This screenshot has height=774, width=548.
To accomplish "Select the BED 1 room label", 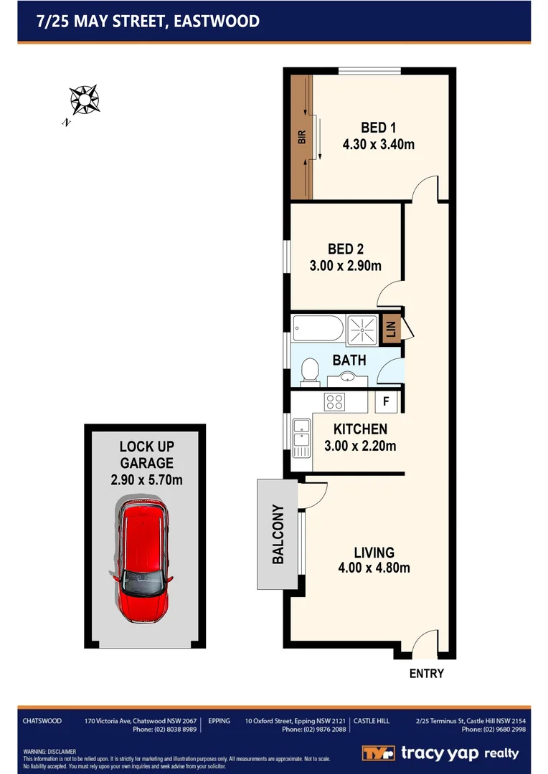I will coord(378,128).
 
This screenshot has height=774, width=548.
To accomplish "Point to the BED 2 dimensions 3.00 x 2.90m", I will coord(345,266).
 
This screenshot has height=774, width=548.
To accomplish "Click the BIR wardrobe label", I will coord(302,137).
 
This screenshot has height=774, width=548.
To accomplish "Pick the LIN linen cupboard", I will coord(391,328).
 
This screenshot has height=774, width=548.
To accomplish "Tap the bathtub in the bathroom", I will coord(317,330).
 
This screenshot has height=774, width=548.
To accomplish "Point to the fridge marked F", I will coord(386,402).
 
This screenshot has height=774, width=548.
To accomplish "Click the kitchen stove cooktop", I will coord(335,401).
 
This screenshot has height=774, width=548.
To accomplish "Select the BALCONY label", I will coord(277,535).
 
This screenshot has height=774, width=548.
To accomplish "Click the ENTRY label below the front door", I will coord(426,674).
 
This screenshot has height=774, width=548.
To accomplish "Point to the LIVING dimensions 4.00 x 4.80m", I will coord(374,568).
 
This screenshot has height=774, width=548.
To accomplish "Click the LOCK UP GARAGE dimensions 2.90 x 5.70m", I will coord(146,479).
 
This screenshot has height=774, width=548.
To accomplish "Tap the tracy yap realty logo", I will coord(440,752).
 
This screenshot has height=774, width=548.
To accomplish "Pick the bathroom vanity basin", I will coord(347,377).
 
